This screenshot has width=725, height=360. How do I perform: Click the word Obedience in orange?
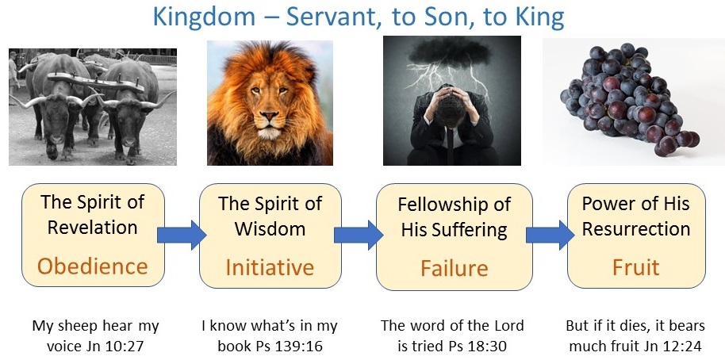click(93, 266)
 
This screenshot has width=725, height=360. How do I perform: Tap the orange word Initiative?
click(270, 267)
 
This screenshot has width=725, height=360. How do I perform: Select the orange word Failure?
click(455, 268)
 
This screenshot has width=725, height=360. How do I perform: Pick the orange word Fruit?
click(635, 267)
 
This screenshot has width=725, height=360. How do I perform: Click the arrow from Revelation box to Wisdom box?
click(181, 235)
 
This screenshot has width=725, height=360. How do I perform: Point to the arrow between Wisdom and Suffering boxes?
click(359, 235)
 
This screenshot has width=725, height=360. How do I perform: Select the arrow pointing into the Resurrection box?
click(550, 235)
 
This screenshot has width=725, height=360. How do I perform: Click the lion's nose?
click(269, 114)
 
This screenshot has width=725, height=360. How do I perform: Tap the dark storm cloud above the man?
click(451, 52)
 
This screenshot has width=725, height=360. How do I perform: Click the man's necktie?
click(451, 144)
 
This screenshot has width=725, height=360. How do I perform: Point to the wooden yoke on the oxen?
click(94, 82)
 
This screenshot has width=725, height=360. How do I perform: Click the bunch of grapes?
click(629, 99)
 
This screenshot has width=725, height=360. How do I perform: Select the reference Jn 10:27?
click(118, 346)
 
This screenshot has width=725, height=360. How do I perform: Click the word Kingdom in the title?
click(204, 17)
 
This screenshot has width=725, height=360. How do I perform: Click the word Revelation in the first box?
click(93, 228)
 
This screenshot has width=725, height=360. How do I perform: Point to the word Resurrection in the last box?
click(635, 228)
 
